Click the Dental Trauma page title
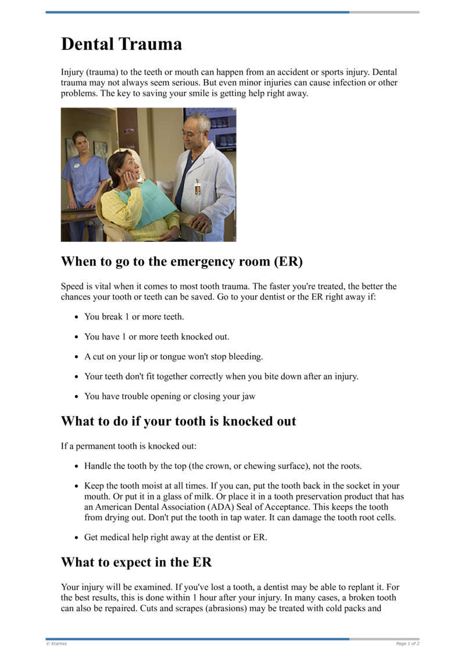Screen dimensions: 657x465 point(121,44)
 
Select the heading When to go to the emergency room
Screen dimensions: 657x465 point(182,262)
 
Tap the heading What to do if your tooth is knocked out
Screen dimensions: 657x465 point(178,421)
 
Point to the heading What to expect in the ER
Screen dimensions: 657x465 point(137,562)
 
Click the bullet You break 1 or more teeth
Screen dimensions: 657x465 point(134,317)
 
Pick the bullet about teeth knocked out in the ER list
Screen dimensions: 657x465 point(157,337)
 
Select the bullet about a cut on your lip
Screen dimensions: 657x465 point(173,356)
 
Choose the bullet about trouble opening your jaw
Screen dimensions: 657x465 point(170,397)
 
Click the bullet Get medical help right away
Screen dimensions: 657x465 point(176,537)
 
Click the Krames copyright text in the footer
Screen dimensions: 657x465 point(56,644)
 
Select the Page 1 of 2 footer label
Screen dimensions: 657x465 point(407,644)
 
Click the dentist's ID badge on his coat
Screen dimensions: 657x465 point(198,188)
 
